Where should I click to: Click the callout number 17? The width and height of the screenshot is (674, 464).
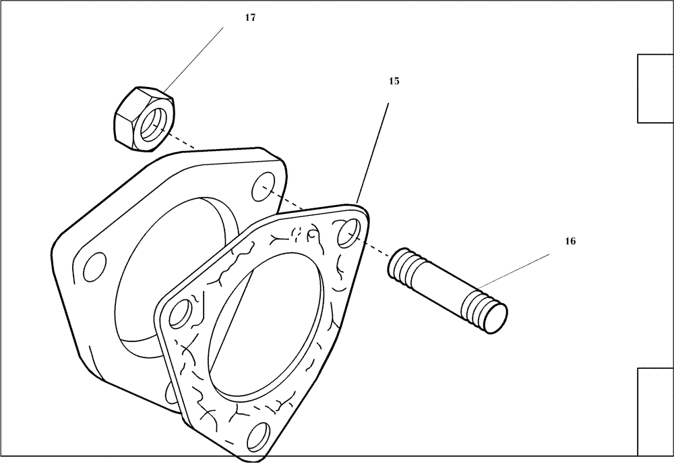click(250, 18)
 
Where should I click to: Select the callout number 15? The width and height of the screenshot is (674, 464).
click(394, 81)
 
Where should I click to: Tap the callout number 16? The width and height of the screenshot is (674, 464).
click(570, 241)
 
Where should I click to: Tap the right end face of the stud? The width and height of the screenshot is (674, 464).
click(497, 316)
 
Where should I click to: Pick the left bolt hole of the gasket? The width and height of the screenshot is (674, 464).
click(179, 314)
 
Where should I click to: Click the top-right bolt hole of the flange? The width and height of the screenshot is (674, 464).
click(263, 189)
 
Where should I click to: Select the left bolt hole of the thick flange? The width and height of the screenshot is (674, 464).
click(93, 267)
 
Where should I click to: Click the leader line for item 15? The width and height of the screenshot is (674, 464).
click(373, 152)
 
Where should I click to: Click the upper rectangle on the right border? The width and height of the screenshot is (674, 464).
click(655, 88)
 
